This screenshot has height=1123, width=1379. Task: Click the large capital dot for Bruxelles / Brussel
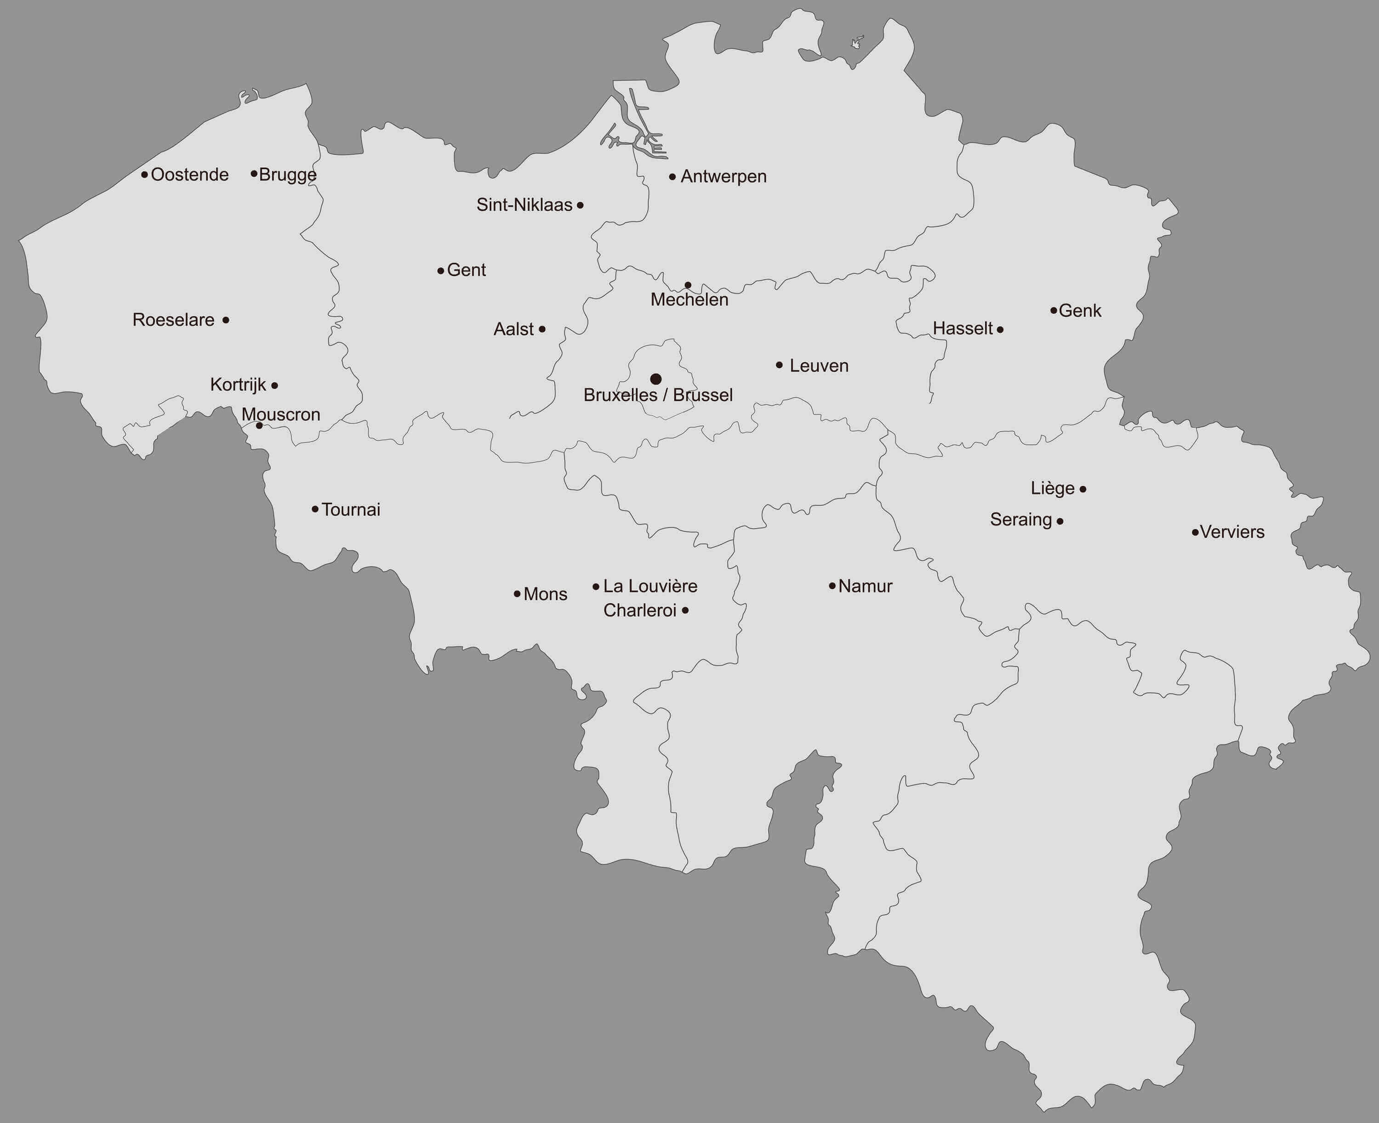655,379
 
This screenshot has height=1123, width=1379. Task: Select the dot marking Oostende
144,175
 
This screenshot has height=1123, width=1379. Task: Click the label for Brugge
288,175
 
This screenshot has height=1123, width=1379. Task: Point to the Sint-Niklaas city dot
580,205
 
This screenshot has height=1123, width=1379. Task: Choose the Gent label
466,270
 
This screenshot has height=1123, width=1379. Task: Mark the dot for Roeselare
226,320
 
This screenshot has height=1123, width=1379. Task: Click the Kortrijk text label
238,385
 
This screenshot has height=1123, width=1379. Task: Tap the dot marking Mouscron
259,426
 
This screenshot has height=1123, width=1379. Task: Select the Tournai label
351,510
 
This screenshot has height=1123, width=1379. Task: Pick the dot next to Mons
517,594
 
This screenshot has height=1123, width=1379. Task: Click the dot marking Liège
1083,489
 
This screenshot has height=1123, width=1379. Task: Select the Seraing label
1021,520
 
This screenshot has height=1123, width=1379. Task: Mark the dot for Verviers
1195,533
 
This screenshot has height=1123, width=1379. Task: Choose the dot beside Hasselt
1000,330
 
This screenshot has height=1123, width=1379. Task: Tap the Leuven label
819,366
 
